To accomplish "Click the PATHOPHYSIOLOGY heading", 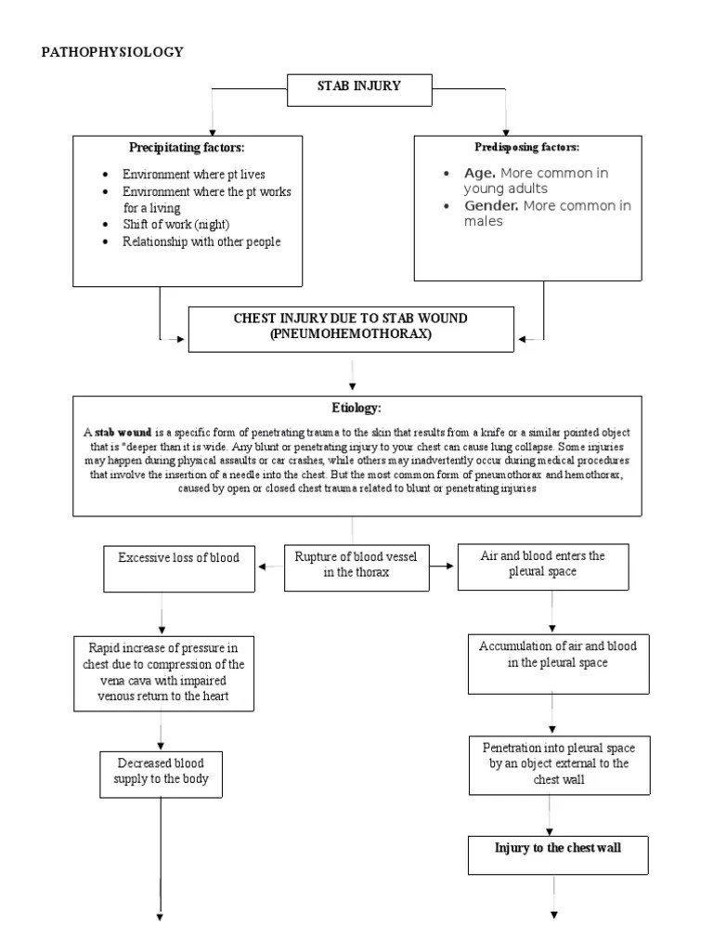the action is (112, 52).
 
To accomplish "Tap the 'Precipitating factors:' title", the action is (187, 148).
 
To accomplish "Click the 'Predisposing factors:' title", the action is (527, 147).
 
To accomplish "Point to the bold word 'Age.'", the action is (480, 174).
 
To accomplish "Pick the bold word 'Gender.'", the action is (491, 205).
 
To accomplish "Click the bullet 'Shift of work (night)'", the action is (175, 225).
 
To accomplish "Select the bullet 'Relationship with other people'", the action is (201, 241).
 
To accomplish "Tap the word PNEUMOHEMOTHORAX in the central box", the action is (351, 333).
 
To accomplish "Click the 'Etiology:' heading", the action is (356, 408).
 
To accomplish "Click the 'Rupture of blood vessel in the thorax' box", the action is (356, 567).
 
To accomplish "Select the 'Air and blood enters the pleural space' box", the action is (543, 567).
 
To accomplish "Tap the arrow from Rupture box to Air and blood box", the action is (441, 566).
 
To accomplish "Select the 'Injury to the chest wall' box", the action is (558, 855).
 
